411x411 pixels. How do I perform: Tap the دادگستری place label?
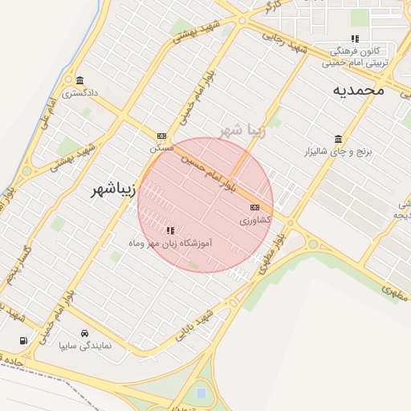[82, 93]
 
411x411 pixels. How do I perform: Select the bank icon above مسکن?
[161, 136]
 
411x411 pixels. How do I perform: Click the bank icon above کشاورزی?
[255, 208]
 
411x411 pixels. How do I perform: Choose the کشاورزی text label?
[256, 219]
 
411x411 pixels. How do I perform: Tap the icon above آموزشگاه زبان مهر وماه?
[170, 230]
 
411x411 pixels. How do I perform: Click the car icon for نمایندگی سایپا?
[84, 333]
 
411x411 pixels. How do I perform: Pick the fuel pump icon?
[22, 340]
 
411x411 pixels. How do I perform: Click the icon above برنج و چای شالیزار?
[338, 138]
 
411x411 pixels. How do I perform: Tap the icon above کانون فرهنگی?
[355, 38]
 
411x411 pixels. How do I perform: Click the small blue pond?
[200, 394]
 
